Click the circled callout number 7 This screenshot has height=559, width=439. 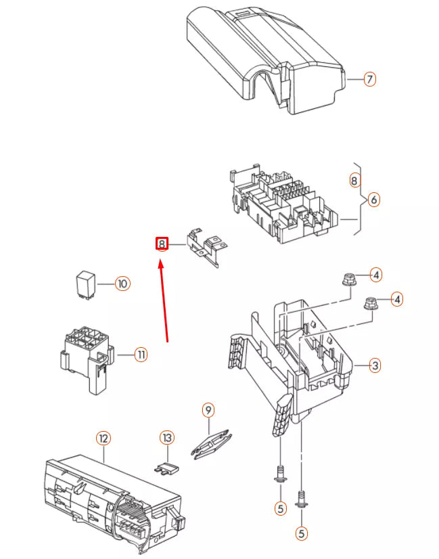(x=369, y=79)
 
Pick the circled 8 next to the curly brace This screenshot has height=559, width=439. (x=354, y=180)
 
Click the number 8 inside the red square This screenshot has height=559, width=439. (x=162, y=244)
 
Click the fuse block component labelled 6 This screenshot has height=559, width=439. (x=284, y=203)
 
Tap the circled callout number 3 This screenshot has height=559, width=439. (x=375, y=365)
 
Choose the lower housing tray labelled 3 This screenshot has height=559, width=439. (x=298, y=359)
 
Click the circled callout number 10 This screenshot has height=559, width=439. (x=121, y=283)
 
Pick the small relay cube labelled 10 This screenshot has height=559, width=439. (x=85, y=284)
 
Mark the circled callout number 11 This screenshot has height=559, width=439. (x=140, y=353)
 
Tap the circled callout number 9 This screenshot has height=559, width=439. (x=208, y=409)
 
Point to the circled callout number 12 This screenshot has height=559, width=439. (x=103, y=438)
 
